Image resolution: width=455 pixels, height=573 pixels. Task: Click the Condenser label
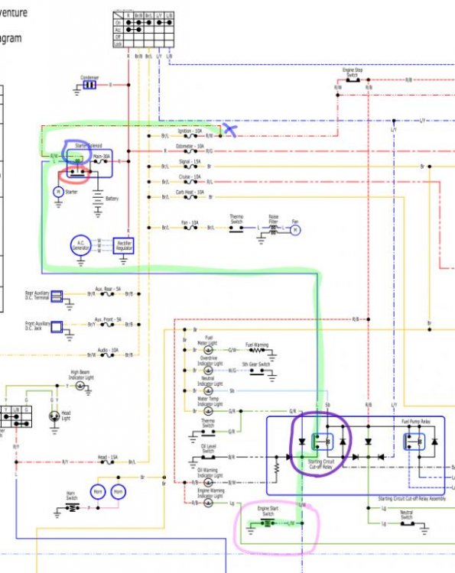pyautogui.click(x=89, y=77)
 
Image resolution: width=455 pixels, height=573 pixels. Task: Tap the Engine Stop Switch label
pyautogui.click(x=352, y=73)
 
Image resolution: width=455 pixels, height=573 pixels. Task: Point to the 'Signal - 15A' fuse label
pyautogui.click(x=190, y=161)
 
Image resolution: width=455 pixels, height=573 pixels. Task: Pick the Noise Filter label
pyautogui.click(x=273, y=218)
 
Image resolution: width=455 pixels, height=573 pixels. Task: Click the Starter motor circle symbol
pyautogui.click(x=57, y=193)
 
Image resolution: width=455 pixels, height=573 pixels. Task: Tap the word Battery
pyautogui.click(x=112, y=199)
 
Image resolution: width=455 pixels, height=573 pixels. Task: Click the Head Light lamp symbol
pyautogui.click(x=53, y=416)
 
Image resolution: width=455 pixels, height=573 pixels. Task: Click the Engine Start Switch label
pyautogui.click(x=268, y=511)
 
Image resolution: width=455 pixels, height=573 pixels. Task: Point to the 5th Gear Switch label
pyautogui.click(x=256, y=365)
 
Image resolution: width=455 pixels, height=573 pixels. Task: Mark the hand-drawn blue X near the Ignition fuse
pyautogui.click(x=228, y=129)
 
